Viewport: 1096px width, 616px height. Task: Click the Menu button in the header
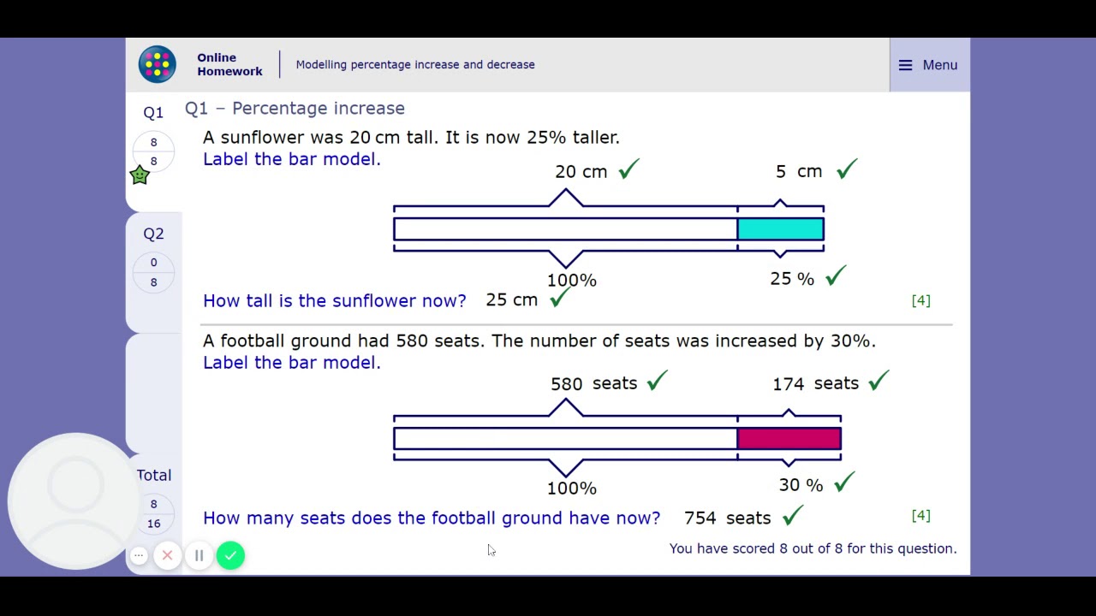tap(928, 65)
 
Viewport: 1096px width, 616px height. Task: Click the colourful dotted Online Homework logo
tap(158, 65)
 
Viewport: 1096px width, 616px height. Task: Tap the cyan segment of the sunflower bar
tap(780, 229)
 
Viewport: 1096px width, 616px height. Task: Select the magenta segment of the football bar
tap(789, 439)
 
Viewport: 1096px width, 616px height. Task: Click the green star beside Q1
tap(140, 175)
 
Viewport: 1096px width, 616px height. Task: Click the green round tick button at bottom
tap(230, 555)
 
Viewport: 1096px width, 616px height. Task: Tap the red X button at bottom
tap(168, 555)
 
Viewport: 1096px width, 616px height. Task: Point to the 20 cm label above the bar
tap(581, 172)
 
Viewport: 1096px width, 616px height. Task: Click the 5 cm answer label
tap(798, 172)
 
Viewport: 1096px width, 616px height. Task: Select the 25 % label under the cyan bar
tap(792, 279)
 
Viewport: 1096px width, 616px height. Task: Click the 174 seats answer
tap(815, 384)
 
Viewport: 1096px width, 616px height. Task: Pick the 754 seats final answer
tap(727, 518)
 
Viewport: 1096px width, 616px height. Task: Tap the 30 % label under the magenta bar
tap(801, 486)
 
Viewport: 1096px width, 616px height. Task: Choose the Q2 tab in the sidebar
tap(154, 234)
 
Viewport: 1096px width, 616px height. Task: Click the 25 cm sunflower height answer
tap(511, 300)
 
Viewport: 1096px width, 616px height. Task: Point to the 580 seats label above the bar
tap(593, 384)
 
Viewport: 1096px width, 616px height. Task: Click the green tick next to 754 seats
tap(793, 515)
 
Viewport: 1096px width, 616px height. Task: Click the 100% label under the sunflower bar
tap(571, 281)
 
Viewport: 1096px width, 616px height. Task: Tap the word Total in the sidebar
tap(154, 475)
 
